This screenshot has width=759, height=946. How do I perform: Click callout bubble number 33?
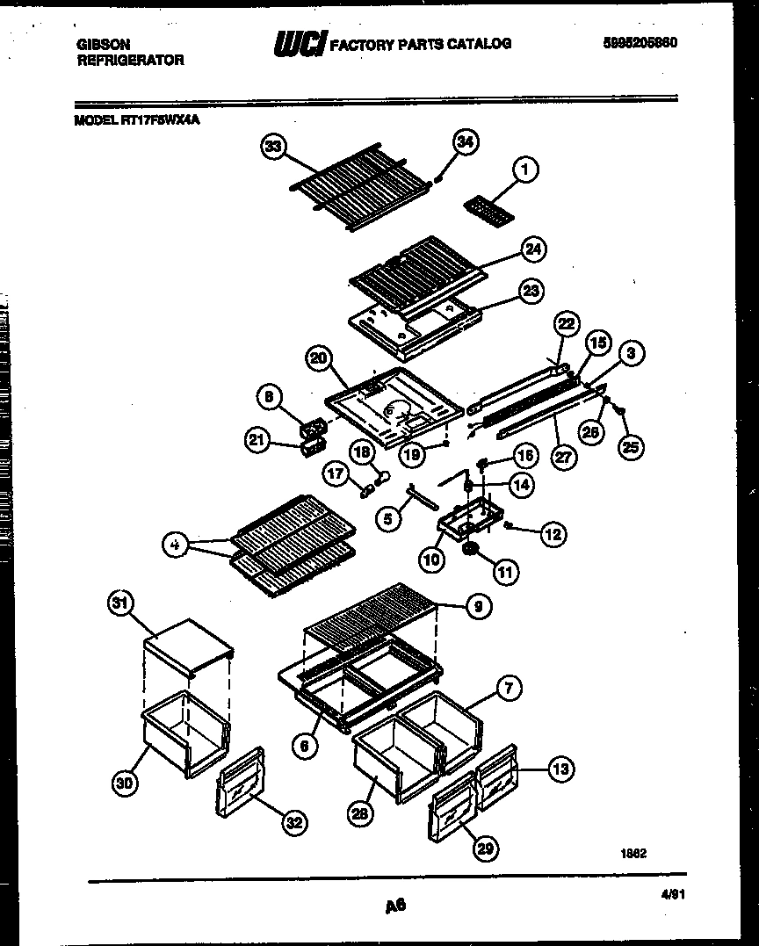[274, 147]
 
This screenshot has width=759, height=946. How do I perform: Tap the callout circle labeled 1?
[524, 171]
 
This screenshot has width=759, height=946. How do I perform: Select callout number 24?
[531, 249]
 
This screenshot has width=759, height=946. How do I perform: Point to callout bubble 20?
[319, 358]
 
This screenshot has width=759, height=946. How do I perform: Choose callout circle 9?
[479, 606]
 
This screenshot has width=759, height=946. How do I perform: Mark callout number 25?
[630, 447]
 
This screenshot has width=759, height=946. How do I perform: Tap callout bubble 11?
[505, 573]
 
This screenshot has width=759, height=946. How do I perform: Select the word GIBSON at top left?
[103, 44]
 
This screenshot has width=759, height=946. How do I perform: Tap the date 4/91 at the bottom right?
[672, 893]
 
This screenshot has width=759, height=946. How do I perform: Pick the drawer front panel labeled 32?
[238, 789]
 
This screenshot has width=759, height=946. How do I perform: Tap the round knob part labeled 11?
[472, 549]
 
